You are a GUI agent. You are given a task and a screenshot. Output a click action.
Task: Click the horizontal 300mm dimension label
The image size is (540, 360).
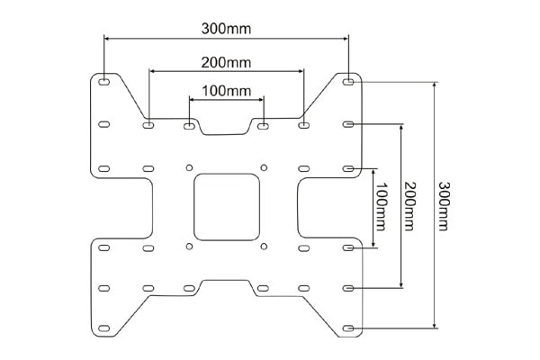point(226,29)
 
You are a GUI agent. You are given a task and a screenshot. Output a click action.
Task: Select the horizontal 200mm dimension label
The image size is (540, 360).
point(226,63)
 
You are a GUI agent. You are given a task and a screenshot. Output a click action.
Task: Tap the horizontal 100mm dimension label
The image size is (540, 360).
point(226,91)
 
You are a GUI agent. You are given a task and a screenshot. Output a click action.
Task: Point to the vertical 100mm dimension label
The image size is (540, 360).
point(381,206)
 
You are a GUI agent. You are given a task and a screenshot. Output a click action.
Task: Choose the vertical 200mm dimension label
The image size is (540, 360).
point(409,206)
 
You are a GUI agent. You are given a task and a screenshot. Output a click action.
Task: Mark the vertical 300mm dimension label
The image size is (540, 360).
point(444,206)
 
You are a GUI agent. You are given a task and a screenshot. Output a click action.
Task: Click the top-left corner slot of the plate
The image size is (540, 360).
point(103,82)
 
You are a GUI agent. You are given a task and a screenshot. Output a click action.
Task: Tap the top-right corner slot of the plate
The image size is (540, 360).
point(348,82)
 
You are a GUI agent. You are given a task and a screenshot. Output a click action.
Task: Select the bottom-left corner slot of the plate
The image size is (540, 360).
point(103,328)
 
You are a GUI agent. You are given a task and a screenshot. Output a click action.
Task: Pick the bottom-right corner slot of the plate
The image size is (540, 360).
point(348,328)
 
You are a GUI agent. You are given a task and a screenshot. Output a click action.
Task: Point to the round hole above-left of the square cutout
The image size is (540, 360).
point(189,167)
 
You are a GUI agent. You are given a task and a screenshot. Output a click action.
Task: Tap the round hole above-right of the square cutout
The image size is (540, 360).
point(264,167)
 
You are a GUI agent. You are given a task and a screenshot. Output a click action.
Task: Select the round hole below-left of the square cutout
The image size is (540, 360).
point(189,247)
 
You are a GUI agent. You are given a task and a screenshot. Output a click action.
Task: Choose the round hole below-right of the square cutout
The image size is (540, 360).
point(264,247)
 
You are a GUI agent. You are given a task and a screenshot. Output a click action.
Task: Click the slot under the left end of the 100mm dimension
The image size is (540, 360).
point(189,126)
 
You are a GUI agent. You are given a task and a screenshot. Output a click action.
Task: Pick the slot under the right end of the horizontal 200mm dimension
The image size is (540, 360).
point(303,125)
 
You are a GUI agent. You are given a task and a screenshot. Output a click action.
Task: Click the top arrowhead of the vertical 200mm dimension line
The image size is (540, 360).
point(400,128)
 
